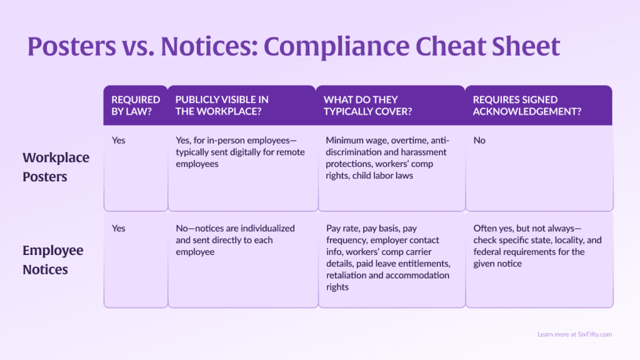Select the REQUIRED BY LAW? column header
[136, 106]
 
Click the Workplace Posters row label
[56, 167]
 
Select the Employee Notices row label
[53, 260]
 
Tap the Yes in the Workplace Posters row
[118, 141]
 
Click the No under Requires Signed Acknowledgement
[479, 141]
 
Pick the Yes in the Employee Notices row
[118, 229]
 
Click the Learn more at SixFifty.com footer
[574, 334]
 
